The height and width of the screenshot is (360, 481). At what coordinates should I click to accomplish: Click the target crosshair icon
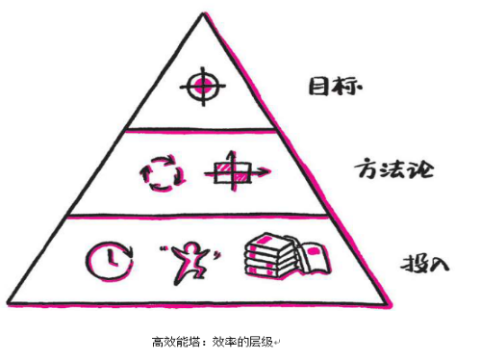pyautogui.click(x=201, y=86)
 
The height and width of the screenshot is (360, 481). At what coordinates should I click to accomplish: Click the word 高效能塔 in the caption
pyautogui.click(x=171, y=342)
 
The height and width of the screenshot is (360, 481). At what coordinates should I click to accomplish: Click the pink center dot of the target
pyautogui.click(x=201, y=86)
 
